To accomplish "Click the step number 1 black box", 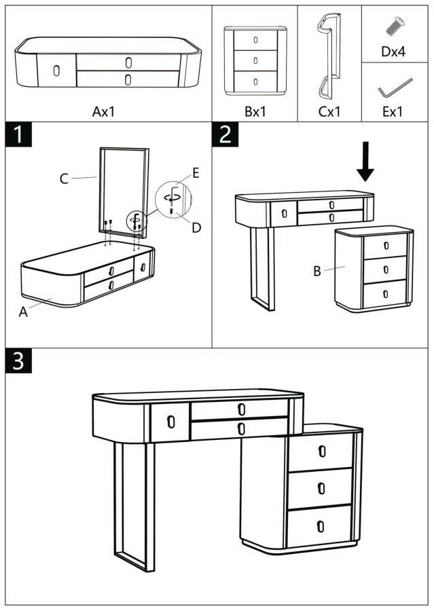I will (19, 134).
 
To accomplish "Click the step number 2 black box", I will (225, 134).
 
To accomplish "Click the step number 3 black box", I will (19, 361).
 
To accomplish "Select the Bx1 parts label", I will (255, 111).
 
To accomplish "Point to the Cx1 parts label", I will (329, 111).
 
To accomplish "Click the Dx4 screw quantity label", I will (393, 51).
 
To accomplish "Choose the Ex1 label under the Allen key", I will (393, 111).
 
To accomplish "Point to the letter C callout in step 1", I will (64, 179).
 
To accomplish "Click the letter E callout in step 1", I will (196, 173).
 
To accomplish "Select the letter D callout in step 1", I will (196, 227).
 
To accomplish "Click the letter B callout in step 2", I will (317, 272).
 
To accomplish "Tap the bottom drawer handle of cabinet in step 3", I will (321, 525).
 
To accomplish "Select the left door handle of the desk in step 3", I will (170, 422).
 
